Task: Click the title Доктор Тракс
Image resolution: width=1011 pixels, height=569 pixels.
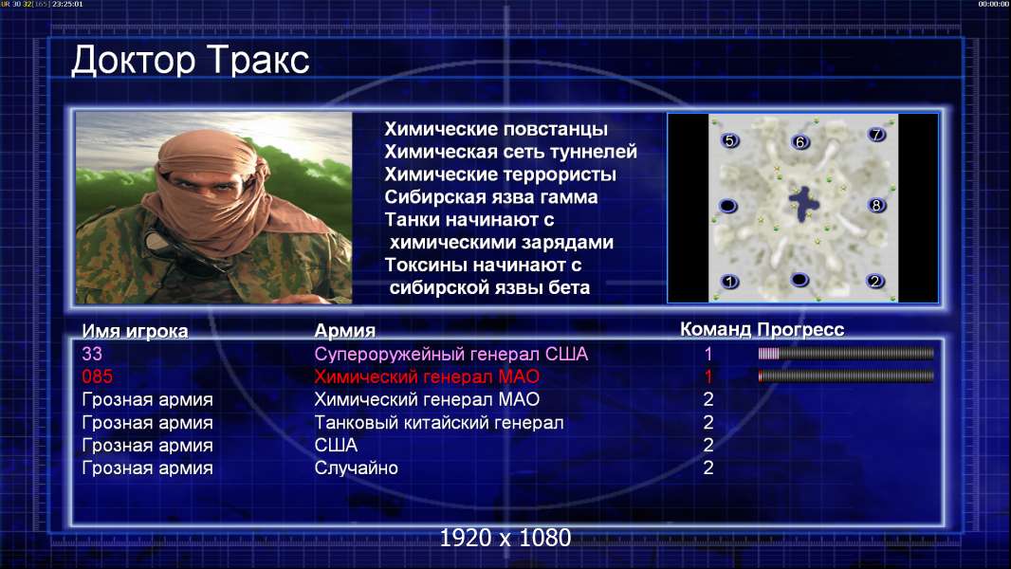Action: (191, 62)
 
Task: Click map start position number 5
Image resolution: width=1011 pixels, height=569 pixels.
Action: (729, 140)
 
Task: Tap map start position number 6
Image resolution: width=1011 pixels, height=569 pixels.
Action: (800, 141)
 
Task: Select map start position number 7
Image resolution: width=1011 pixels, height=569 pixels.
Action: (876, 134)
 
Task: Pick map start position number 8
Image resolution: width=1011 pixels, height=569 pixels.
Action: (875, 205)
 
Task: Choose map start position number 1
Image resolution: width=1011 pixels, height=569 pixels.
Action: (729, 281)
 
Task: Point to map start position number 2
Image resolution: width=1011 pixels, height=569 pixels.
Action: (875, 281)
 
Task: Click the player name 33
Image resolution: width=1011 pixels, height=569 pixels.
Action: (92, 354)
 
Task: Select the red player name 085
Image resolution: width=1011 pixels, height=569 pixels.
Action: (97, 376)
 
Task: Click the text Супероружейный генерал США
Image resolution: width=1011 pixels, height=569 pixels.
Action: (450, 355)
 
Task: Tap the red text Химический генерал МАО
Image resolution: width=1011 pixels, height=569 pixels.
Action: (427, 376)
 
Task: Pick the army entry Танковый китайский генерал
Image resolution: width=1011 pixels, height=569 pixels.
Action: (438, 423)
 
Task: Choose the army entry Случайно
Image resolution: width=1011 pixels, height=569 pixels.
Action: (356, 468)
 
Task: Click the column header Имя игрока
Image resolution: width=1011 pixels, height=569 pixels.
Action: (135, 331)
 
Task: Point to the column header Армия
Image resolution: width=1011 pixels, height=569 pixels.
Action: (344, 331)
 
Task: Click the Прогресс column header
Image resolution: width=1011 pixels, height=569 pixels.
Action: (800, 329)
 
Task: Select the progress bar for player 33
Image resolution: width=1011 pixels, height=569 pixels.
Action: (846, 353)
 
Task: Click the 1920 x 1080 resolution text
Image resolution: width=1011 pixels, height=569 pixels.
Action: (505, 538)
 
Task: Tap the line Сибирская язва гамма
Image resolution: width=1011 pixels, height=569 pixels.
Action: (490, 197)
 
